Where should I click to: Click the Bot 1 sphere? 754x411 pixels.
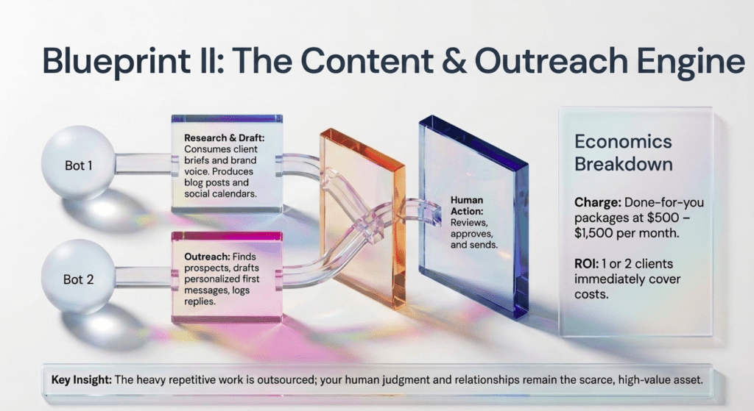click(x=78, y=163)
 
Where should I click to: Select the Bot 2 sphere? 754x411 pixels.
click(x=78, y=277)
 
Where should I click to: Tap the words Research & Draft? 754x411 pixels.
click(x=224, y=137)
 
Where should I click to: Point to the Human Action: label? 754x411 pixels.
click(x=467, y=206)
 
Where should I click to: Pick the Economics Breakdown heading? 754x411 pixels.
click(x=623, y=153)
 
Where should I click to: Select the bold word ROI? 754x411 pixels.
click(x=586, y=264)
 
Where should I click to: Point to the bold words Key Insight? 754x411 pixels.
click(x=81, y=380)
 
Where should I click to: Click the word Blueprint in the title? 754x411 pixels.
click(x=116, y=62)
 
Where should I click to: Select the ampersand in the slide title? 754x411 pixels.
click(x=454, y=60)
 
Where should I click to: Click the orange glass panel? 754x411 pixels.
click(x=362, y=218)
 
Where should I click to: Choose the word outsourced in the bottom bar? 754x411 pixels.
click(x=286, y=380)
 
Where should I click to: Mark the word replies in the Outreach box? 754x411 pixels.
click(x=199, y=301)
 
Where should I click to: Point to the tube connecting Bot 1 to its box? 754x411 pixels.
click(x=144, y=164)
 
